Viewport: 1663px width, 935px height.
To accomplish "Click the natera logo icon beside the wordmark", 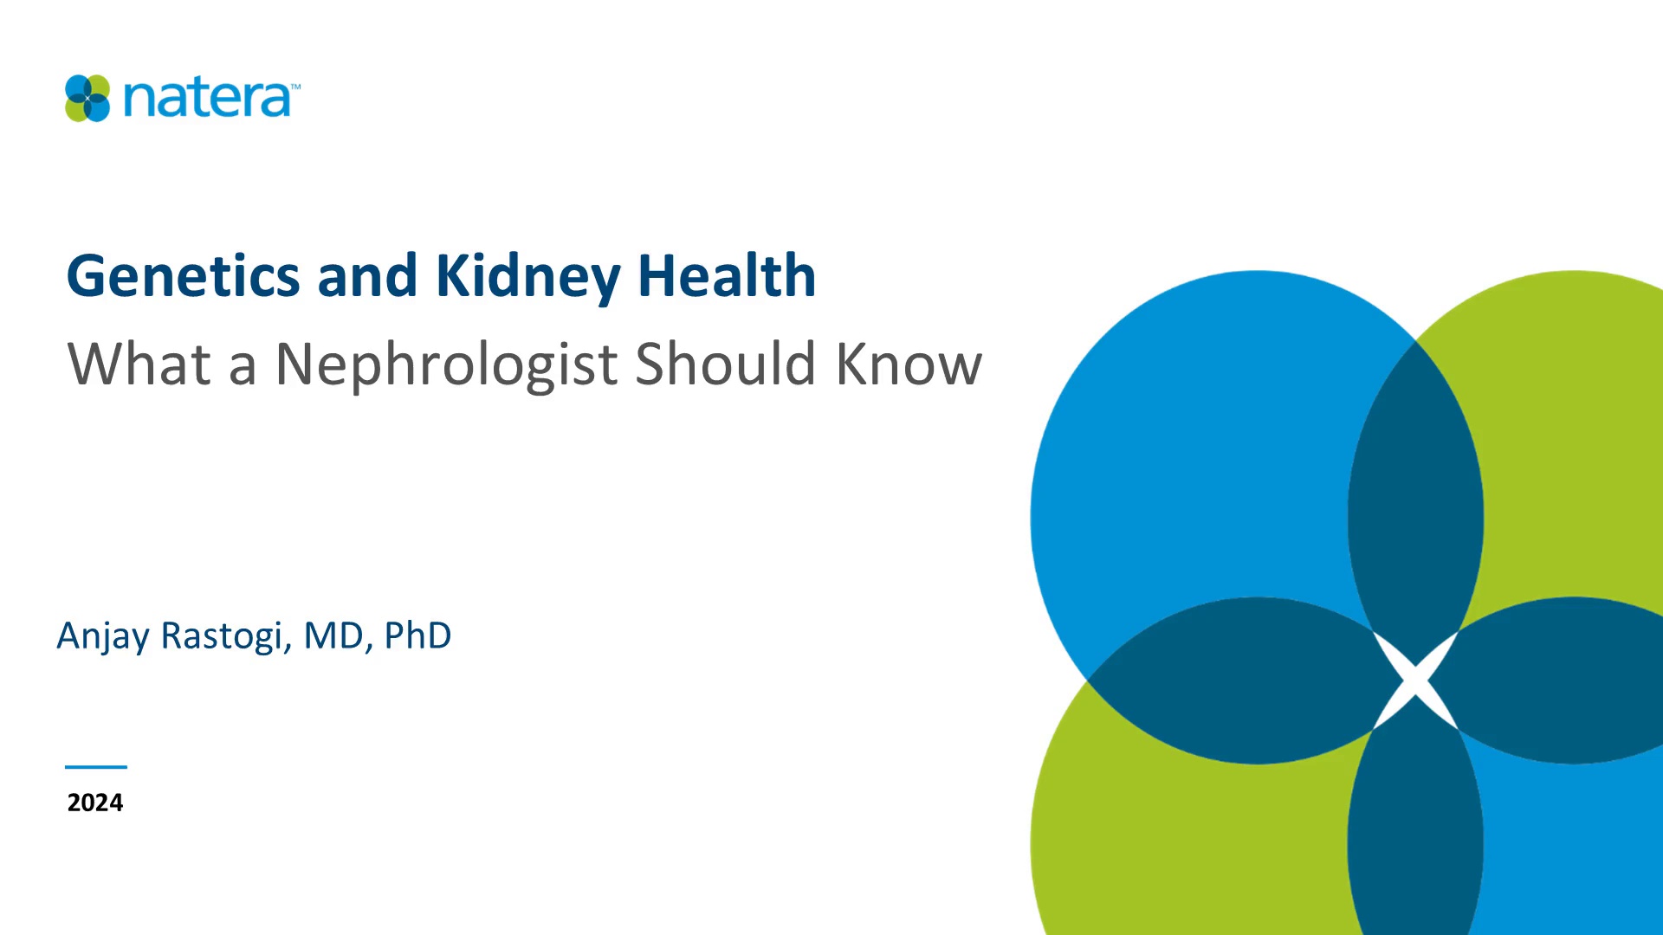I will pos(87,98).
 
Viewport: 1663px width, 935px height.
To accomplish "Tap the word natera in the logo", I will pos(207,99).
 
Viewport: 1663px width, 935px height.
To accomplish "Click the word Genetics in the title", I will pos(184,276).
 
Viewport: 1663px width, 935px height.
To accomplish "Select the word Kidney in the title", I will pos(527,278).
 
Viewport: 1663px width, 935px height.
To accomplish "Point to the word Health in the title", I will pos(727,276).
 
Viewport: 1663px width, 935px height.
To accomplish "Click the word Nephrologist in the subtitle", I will pos(446,364).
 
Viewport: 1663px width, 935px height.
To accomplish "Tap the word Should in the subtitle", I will pos(726,364).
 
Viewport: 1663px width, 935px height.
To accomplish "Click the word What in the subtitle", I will pos(139,364).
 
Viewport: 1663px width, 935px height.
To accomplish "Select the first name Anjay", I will pos(103,637).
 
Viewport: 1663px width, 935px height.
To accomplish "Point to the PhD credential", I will pos(417,635).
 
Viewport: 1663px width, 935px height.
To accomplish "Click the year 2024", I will pos(95,803).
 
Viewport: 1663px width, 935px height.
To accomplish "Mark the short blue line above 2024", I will pos(96,767).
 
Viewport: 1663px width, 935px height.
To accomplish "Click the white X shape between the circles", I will pos(1415,680).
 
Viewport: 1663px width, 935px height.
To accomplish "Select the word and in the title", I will pos(367,276).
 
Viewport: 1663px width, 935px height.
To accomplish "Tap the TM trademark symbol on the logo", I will pos(295,87).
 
